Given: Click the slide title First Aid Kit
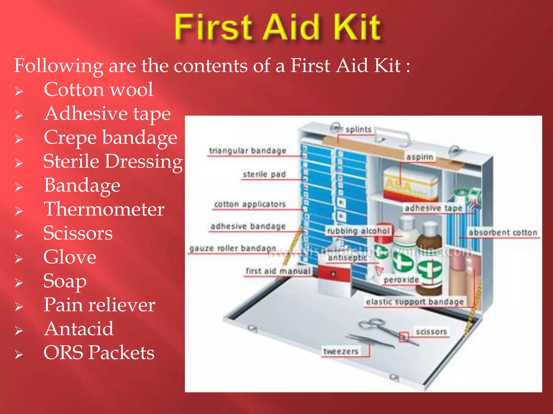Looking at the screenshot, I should click(x=278, y=27).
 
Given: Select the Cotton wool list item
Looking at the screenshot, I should click(x=98, y=89).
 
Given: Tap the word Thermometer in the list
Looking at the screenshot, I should click(x=104, y=209).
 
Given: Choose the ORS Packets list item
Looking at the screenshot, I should click(x=99, y=353).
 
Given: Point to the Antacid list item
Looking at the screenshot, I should click(x=79, y=329).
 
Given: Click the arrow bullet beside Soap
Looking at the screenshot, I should click(x=19, y=283).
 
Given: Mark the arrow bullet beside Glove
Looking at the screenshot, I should click(x=19, y=259).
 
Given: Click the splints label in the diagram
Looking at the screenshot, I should click(x=359, y=130).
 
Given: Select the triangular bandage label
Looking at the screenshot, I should click(x=248, y=151).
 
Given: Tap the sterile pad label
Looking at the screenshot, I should click(x=264, y=174).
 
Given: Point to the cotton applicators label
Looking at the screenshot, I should click(x=250, y=204).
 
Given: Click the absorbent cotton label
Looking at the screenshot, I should click(x=503, y=233).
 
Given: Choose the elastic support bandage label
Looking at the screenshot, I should click(x=415, y=302).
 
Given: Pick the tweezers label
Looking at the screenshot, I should click(x=341, y=351).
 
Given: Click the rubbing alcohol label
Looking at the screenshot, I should click(x=358, y=231).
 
